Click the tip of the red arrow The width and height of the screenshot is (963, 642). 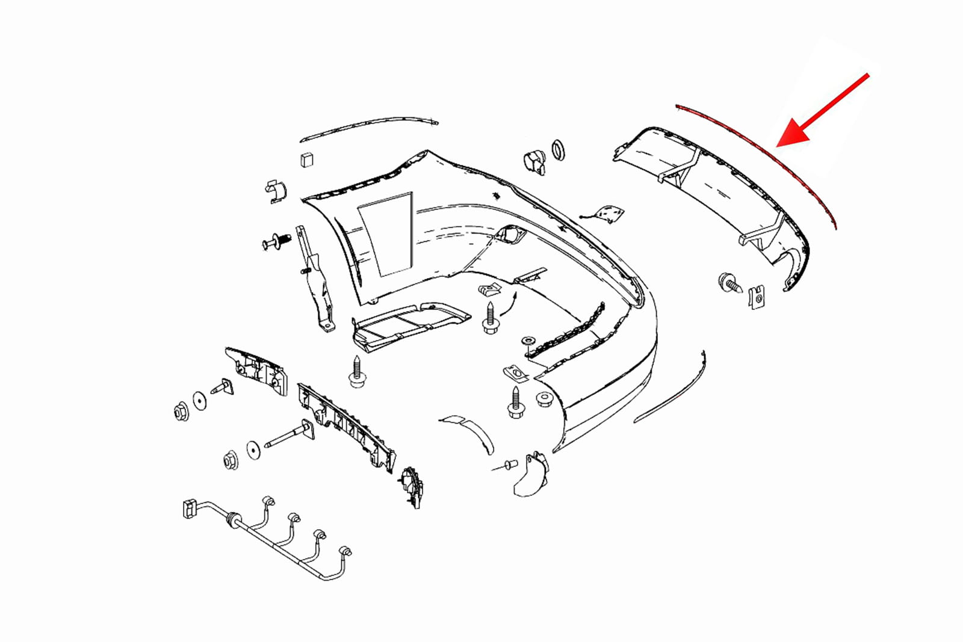[x=778, y=146]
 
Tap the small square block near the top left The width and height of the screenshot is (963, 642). [x=306, y=159]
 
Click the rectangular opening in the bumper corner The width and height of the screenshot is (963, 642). [x=385, y=235]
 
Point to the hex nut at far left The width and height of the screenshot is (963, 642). [x=180, y=412]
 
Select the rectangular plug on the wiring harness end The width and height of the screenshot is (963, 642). [x=188, y=508]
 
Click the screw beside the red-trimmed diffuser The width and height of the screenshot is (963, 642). [x=729, y=283]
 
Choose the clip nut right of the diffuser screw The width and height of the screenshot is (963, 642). [x=758, y=296]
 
